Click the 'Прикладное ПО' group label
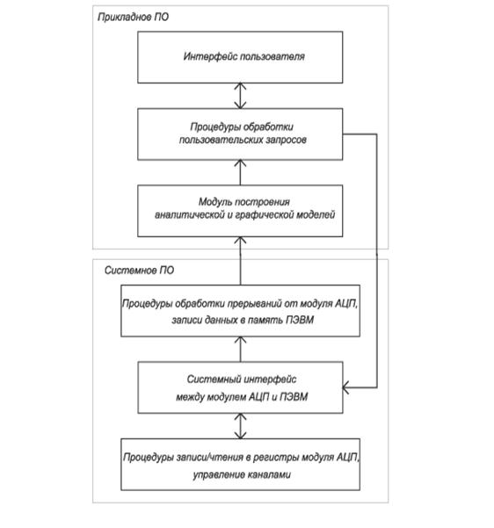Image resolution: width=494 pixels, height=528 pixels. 133,18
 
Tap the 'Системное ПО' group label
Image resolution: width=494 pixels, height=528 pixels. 139,271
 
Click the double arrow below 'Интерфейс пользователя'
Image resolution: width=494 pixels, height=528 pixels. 240,96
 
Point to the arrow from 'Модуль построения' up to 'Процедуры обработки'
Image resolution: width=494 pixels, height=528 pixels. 240,172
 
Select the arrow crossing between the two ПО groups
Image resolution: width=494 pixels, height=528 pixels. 240,261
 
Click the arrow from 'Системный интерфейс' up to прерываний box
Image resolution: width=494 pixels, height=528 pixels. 240,349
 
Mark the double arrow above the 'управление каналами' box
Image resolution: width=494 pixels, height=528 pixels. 240,426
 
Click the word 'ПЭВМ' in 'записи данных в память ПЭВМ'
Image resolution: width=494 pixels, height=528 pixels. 300,320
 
